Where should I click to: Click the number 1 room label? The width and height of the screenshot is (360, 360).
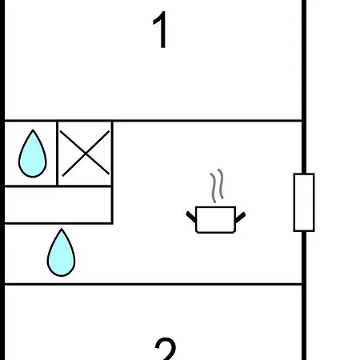pyautogui.click(x=161, y=30)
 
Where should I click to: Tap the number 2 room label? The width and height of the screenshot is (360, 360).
pyautogui.click(x=166, y=349)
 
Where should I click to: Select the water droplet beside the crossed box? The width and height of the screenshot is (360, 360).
pyautogui.click(x=33, y=154)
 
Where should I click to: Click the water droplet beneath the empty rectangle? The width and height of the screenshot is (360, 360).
pyautogui.click(x=61, y=254)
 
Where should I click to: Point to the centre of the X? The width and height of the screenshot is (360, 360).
pyautogui.click(x=85, y=154)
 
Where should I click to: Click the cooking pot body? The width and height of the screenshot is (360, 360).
pyautogui.click(x=215, y=220)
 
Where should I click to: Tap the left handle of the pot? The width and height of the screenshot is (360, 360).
pyautogui.click(x=191, y=217)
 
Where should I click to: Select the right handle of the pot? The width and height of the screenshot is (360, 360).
pyautogui.click(x=240, y=218)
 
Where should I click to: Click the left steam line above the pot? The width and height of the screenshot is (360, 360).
pyautogui.click(x=214, y=188)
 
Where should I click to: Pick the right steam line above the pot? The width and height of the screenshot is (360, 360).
pyautogui.click(x=221, y=184)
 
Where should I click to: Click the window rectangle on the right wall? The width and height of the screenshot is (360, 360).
pyautogui.click(x=304, y=202)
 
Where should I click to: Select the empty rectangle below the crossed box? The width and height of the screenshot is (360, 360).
pyautogui.click(x=58, y=205)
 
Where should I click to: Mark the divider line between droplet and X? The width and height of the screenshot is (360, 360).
pyautogui.click(x=58, y=154)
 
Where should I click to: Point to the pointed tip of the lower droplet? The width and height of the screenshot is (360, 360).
pyautogui.click(x=62, y=229)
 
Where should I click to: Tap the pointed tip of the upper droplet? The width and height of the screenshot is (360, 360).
pyautogui.click(x=33, y=130)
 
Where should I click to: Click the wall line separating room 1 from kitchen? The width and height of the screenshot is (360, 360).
pyautogui.click(x=154, y=121)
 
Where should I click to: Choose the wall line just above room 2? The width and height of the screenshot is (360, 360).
pyautogui.click(x=154, y=284)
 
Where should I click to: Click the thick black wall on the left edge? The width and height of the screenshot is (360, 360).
pyautogui.click(x=2, y=180)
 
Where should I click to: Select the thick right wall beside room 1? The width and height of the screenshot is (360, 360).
pyautogui.click(x=304, y=60)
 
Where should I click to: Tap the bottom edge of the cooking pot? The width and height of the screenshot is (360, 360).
pyautogui.click(x=215, y=233)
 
